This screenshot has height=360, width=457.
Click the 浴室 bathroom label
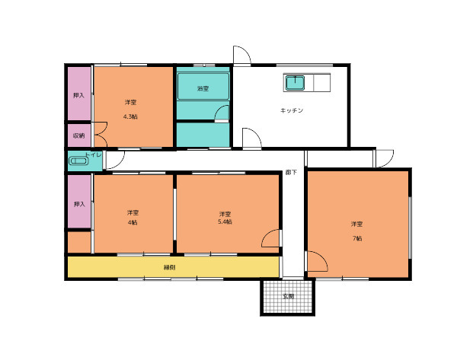point(203,88)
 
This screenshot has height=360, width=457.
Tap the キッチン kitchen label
point(292,110)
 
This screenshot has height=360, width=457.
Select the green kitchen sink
point(295,83)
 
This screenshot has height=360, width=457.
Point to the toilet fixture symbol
point(78,161)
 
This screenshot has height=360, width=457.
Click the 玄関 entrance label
point(288,297)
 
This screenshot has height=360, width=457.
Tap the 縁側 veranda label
point(169,267)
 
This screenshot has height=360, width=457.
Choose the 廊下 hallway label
point(291,172)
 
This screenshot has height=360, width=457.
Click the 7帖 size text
point(357,238)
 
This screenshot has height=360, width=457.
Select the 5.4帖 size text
point(225,221)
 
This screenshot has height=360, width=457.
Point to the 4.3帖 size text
point(130,116)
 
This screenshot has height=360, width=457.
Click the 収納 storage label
point(78,135)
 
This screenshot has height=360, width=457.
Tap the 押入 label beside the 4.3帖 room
point(78,95)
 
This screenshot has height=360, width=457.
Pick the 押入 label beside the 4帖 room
point(79,204)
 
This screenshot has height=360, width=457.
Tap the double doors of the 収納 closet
point(101,135)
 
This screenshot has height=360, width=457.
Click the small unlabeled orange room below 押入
point(79,242)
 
